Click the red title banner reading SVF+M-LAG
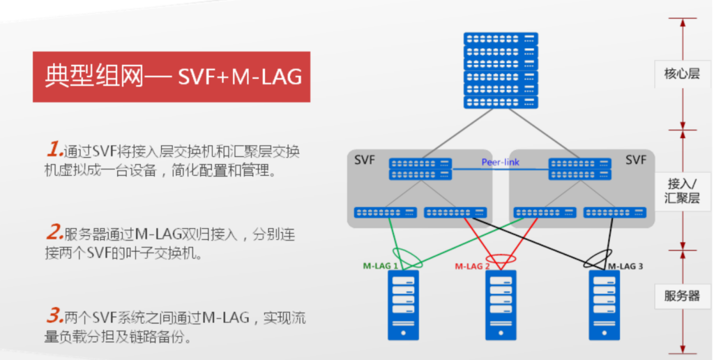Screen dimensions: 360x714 (172, 76)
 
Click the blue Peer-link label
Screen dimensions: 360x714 (500, 163)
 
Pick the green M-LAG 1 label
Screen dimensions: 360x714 (381, 266)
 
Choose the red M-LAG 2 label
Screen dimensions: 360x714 (473, 266)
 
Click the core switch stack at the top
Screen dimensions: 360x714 (501, 70)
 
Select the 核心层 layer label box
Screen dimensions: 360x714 (681, 73)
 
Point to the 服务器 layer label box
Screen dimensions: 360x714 (681, 295)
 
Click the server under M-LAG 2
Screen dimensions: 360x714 (501, 305)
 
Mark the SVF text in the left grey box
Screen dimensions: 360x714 (365, 160)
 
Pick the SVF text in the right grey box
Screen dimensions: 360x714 (635, 160)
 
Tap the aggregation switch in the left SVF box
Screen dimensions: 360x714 (420, 169)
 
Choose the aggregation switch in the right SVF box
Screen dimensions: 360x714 (580, 169)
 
